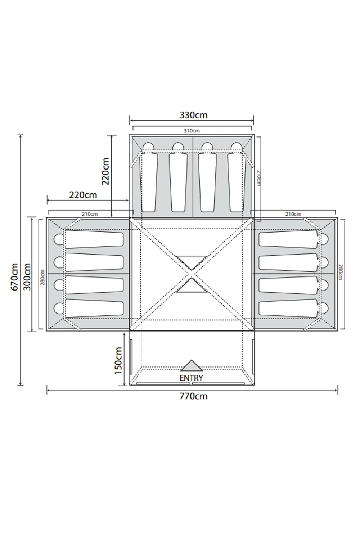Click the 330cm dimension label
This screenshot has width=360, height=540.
tap(193, 115)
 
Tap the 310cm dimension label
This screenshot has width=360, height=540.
tap(192, 131)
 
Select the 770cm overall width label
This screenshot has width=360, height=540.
tap(193, 396)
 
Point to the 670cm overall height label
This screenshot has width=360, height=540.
tap(14, 277)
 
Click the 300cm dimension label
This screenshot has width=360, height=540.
tap(27, 276)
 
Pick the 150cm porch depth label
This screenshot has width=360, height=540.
tap(119, 361)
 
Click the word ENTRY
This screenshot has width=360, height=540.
tap(191, 378)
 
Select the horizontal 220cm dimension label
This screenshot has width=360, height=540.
tap(83, 195)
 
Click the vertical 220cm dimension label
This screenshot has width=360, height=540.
tap(105, 171)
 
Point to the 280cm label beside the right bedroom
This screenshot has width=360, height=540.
tap(341, 273)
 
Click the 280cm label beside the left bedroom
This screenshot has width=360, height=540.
tap(42, 277)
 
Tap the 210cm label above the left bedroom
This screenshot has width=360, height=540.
tap(90, 214)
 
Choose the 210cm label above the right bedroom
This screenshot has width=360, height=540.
tap(293, 214)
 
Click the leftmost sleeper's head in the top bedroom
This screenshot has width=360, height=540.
tap(148, 147)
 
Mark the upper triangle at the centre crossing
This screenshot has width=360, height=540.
tap(192, 262)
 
